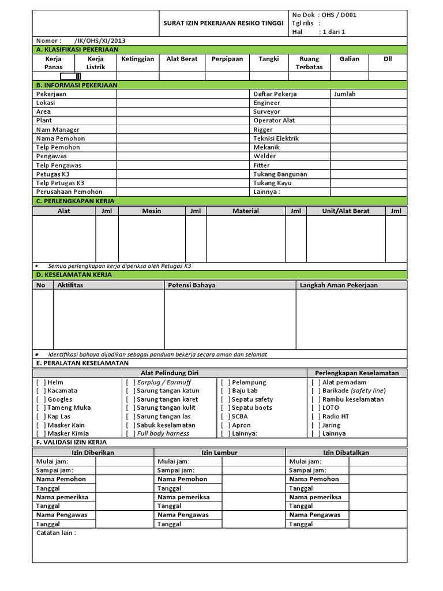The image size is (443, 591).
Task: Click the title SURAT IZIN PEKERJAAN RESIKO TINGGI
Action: (x=221, y=23)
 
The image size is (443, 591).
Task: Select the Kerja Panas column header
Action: (x=53, y=63)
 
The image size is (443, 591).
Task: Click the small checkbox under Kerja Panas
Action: (x=70, y=76)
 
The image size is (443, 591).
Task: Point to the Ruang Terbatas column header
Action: (x=309, y=63)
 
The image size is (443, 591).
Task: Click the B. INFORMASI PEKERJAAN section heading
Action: (x=77, y=85)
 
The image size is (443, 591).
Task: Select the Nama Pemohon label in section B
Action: (x=61, y=139)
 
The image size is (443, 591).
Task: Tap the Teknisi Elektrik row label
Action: (x=276, y=139)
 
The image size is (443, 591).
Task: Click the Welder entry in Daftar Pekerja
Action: (x=265, y=156)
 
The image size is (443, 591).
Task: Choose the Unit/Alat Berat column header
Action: (x=346, y=211)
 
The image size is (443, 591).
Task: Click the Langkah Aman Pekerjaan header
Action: (x=339, y=285)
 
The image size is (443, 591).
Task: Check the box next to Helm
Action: (x=41, y=382)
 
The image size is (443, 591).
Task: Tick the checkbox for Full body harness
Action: (x=130, y=433)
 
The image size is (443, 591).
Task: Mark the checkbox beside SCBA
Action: (x=225, y=416)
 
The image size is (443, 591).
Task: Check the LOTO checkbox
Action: (x=316, y=407)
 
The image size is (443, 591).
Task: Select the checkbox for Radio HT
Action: (x=316, y=416)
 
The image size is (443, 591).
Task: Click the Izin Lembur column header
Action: (x=219, y=452)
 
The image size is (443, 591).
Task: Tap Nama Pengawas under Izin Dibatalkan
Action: (x=315, y=515)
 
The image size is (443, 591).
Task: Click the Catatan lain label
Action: (x=56, y=533)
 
